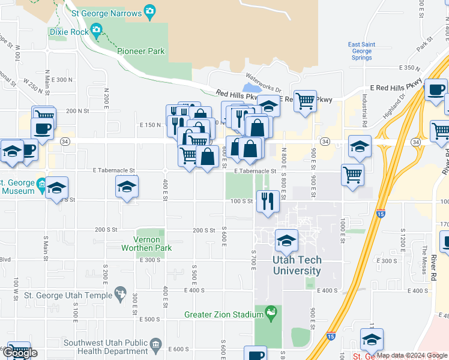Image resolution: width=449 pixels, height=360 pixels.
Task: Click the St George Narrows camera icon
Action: coord(149,12)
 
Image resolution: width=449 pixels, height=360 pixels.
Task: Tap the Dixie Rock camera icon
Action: coord(97,31)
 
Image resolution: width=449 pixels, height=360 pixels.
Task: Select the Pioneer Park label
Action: coord(141,52)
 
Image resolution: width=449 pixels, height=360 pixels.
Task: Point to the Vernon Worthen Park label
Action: coord(146,244)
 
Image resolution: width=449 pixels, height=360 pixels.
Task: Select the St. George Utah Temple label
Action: coord(68,295)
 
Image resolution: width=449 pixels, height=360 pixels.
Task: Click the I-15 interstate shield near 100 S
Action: coord(381,212)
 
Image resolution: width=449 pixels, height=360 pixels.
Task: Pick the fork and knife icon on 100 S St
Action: coord(268,200)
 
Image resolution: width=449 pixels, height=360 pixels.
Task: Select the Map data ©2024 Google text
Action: coord(411,355)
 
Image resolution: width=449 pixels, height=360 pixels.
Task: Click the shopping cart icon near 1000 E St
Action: coord(352,175)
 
